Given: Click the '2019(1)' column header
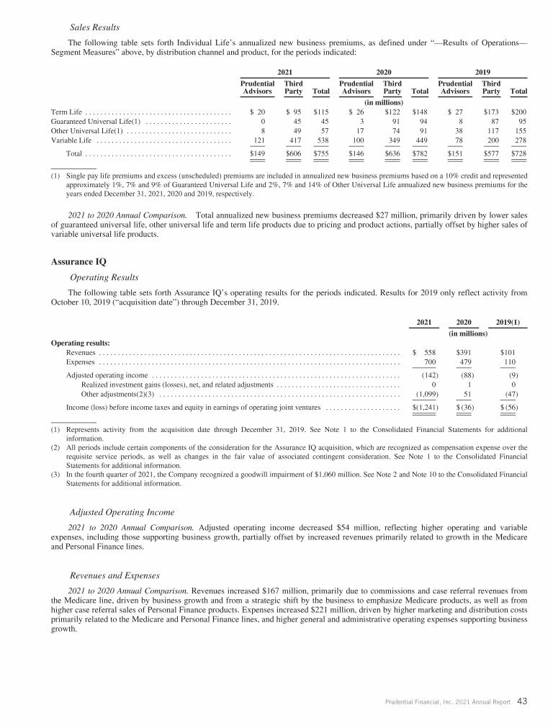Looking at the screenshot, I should pos(511,321).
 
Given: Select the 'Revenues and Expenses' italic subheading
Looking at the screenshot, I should pos(114,576).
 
